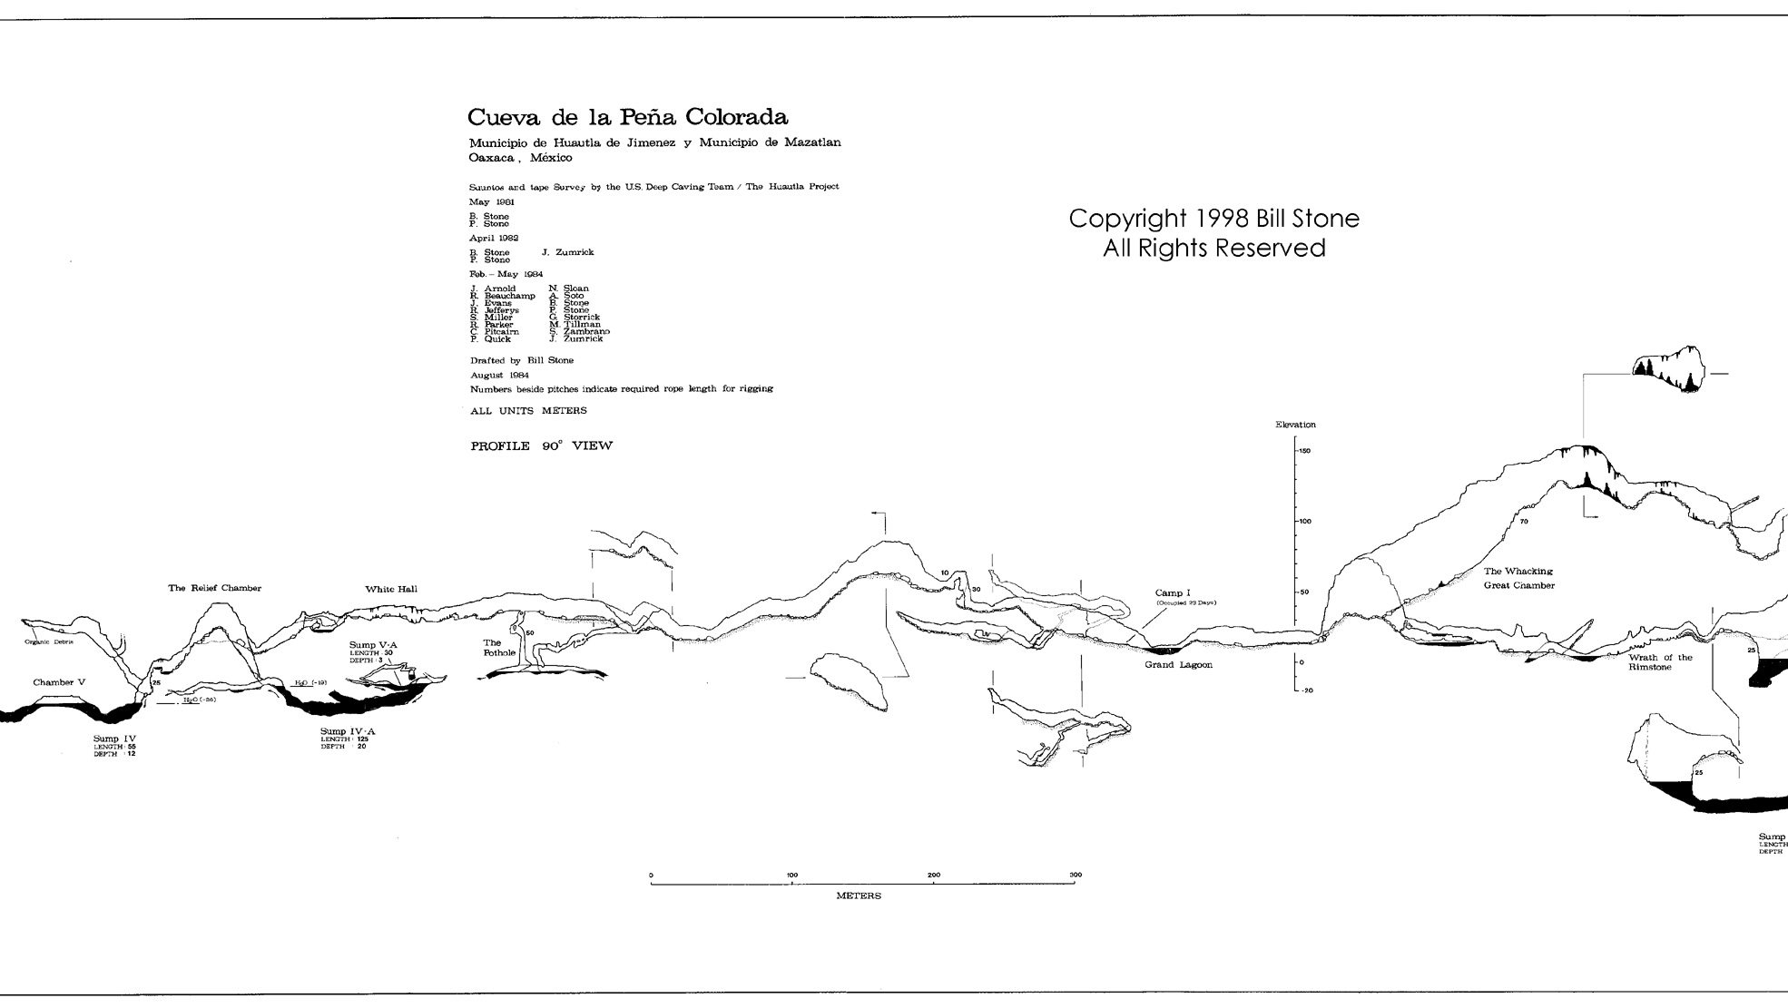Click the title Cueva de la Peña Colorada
tap(627, 117)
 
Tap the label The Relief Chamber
tap(214, 588)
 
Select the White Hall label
tap(391, 589)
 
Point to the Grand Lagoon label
tap(1178, 665)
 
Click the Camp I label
tap(1173, 592)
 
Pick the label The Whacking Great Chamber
tap(1518, 578)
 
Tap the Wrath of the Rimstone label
tap(1660, 662)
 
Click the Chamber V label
tap(59, 682)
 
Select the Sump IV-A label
tap(348, 731)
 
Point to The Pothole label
tap(498, 648)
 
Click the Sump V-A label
tap(373, 645)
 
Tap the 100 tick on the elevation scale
tap(1303, 522)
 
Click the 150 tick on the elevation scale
tap(1303, 451)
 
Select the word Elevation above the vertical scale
tap(1295, 425)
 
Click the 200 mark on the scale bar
tap(934, 876)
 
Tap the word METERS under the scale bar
tap(858, 895)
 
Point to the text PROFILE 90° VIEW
tap(541, 445)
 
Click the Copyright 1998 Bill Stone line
tap(1213, 219)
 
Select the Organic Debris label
tap(48, 641)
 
